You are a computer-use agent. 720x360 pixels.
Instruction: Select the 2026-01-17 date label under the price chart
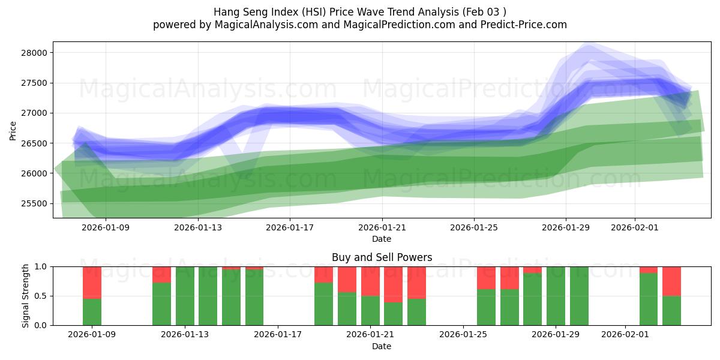click(x=290, y=227)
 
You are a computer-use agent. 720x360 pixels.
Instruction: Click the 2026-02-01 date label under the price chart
click(x=635, y=227)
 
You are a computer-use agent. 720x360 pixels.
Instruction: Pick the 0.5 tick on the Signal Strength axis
click(x=42, y=296)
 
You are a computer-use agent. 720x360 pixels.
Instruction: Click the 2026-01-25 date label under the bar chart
click(x=464, y=335)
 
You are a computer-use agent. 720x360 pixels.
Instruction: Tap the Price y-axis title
click(x=13, y=130)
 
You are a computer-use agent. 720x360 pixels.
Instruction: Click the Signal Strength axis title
click(x=26, y=296)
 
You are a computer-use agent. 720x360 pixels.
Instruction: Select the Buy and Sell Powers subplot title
click(x=382, y=257)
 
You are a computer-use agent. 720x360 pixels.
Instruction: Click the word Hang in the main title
click(x=225, y=12)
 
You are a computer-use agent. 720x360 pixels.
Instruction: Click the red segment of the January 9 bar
click(x=92, y=282)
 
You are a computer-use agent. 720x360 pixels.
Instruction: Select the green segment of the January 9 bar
click(x=92, y=312)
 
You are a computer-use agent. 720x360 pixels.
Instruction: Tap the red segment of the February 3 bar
click(x=671, y=281)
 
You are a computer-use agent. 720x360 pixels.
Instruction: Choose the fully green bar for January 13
click(x=185, y=296)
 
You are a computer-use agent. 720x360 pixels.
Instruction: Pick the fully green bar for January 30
click(x=579, y=296)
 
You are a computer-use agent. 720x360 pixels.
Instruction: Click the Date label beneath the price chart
click(x=382, y=239)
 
